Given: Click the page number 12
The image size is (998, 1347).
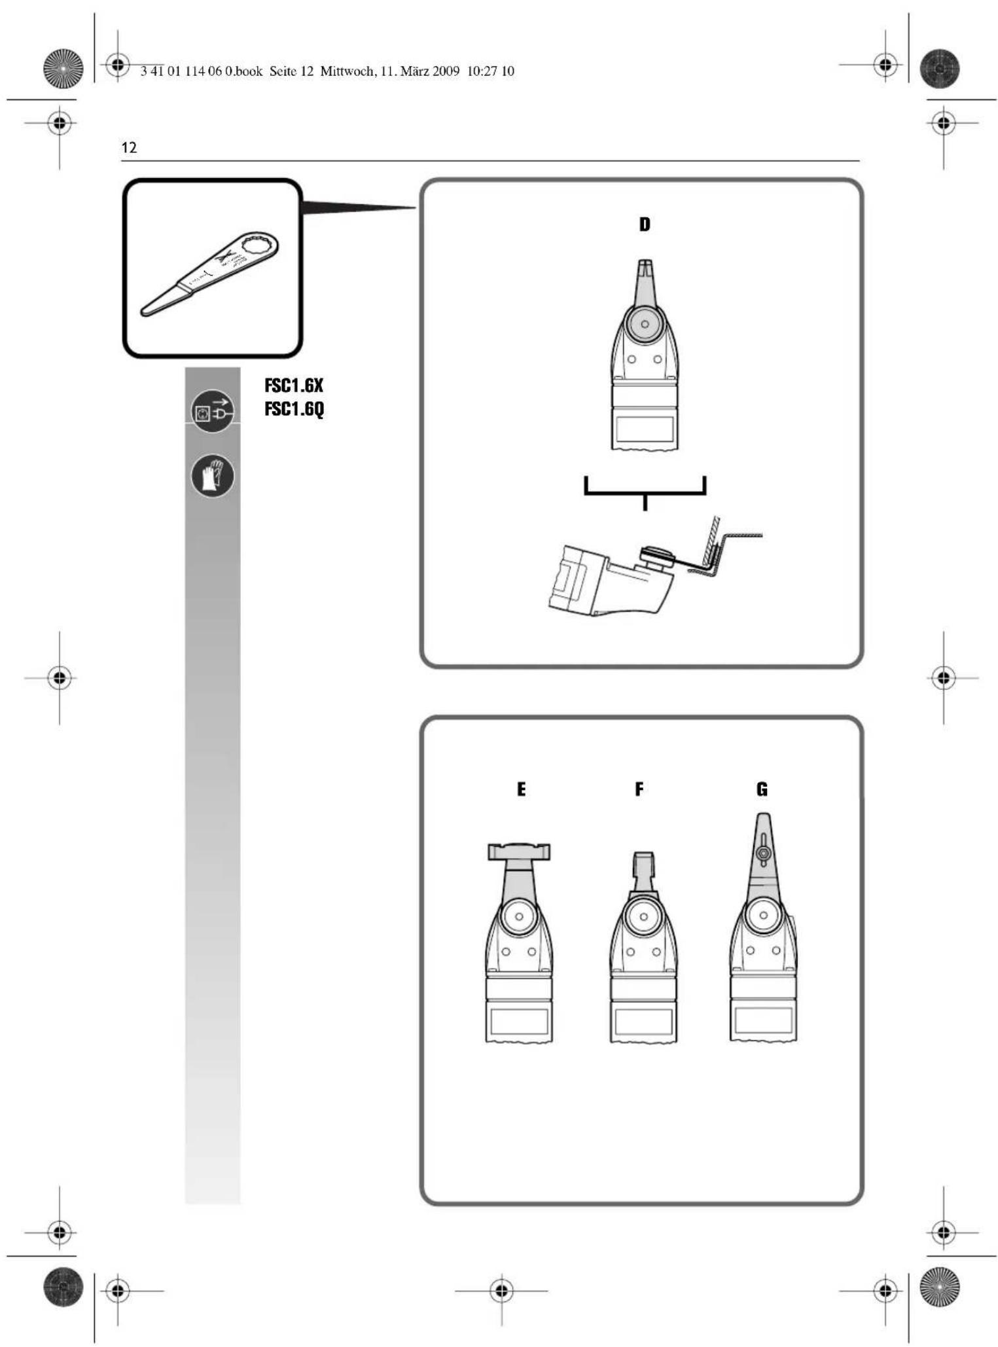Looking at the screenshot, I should (x=129, y=147).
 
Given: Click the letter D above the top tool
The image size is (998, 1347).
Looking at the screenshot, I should (x=645, y=224).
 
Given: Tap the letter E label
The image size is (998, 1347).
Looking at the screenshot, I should (x=521, y=789).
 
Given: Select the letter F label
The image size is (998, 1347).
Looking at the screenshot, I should (x=639, y=789).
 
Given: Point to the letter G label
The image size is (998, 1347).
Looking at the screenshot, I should (x=762, y=789).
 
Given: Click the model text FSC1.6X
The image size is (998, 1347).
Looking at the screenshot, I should (x=294, y=385).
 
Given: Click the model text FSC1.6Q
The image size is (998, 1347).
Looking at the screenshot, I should (x=294, y=409).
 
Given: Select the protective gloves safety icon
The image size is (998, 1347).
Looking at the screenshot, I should (x=212, y=476).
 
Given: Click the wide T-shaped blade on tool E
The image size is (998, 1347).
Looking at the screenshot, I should (x=519, y=851).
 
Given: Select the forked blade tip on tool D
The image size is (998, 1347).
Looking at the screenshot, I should (x=645, y=268).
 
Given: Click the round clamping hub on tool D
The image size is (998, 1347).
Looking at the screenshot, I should (x=645, y=323).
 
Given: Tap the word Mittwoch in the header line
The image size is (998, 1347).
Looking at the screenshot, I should (x=347, y=71).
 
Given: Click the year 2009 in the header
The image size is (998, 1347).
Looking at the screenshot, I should (x=445, y=71).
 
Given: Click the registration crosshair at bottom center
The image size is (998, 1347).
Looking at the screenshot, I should (x=501, y=1290).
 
